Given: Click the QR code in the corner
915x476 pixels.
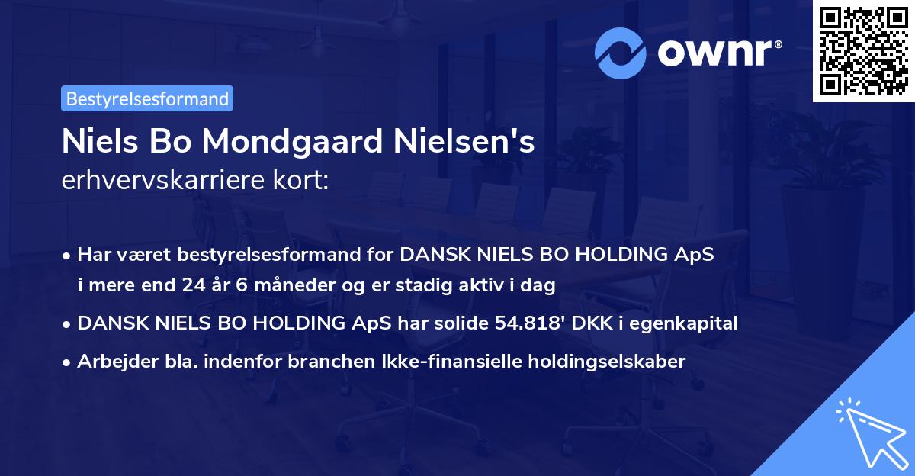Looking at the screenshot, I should point(863,51).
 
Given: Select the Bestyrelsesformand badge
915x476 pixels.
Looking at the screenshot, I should point(147,98).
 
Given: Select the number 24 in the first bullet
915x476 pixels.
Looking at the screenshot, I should point(193,286).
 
